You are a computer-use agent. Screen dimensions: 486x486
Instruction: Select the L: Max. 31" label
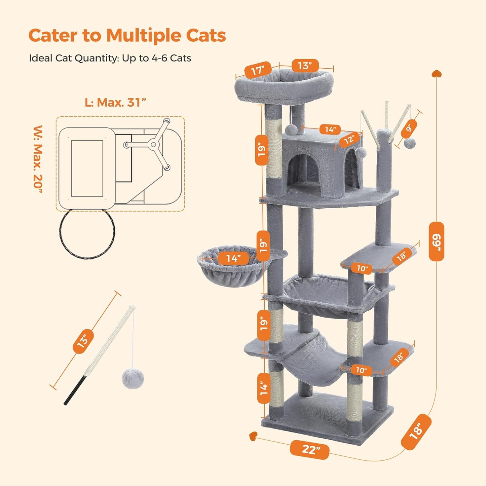[x=115, y=103]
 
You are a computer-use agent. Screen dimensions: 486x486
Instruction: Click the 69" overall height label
[x=436, y=241]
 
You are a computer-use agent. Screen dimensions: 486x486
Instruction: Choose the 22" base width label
[x=309, y=449]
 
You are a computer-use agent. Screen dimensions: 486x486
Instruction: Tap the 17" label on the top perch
[x=258, y=70]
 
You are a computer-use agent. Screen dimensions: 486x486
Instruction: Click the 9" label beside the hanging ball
[x=409, y=128]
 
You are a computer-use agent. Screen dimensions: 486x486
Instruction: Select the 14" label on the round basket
[x=233, y=258]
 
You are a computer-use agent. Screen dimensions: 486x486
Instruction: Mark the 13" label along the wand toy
[x=83, y=341]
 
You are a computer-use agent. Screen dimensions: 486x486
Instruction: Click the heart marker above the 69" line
[x=436, y=73]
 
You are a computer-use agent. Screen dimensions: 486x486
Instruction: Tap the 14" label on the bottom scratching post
[x=264, y=388]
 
